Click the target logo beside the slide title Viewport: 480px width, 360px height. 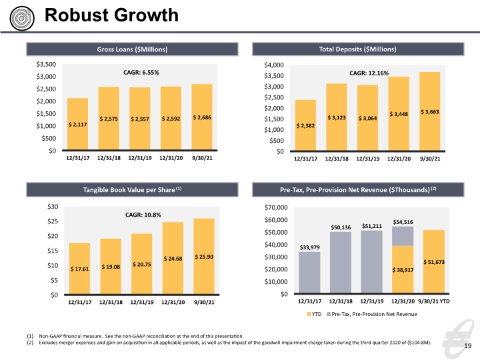click(x=22, y=19)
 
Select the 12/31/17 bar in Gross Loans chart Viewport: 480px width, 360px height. click(x=78, y=124)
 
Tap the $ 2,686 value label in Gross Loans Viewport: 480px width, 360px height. click(x=202, y=117)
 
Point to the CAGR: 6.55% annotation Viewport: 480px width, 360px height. click(x=141, y=73)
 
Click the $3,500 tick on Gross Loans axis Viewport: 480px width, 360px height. click(x=46, y=64)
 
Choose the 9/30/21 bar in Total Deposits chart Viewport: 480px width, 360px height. click(x=430, y=111)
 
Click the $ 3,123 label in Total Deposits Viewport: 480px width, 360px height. click(x=337, y=118)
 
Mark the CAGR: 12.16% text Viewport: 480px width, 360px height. click(x=369, y=73)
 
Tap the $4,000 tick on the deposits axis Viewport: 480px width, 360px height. click(x=274, y=65)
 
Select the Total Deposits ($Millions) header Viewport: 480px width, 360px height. click(x=357, y=49)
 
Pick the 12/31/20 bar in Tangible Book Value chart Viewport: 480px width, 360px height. click(x=173, y=258)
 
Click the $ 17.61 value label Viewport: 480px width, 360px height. click(x=79, y=269)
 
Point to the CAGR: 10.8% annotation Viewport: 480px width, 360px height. click(x=143, y=215)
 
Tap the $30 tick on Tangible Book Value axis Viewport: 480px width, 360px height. click(x=53, y=207)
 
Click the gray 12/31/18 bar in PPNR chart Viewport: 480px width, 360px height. click(x=341, y=263)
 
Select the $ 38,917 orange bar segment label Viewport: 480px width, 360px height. click(x=403, y=270)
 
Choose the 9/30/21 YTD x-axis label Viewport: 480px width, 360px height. click(x=434, y=301)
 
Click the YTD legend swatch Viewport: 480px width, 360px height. click(x=309, y=314)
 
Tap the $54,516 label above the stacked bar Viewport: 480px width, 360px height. click(x=403, y=222)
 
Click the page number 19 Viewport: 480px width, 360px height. click(x=468, y=346)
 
